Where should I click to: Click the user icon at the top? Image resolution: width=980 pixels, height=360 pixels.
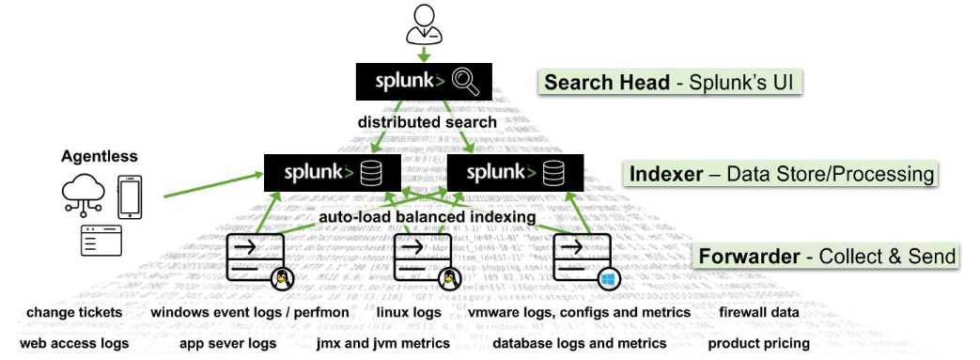tap(422, 24)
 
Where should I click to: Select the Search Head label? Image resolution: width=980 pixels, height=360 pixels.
tap(669, 83)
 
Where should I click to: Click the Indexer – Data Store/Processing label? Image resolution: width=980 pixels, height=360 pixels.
tap(780, 173)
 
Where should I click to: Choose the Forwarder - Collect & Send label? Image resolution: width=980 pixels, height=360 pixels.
tap(826, 256)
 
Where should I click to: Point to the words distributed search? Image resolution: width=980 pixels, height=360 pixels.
tap(428, 122)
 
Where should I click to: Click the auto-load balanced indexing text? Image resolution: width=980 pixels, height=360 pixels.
tap(427, 217)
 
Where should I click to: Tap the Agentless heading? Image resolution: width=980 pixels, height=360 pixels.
tap(100, 157)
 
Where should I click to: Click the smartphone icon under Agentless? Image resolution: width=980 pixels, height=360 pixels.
tap(130, 196)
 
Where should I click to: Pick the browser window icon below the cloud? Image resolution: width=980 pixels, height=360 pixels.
tap(101, 241)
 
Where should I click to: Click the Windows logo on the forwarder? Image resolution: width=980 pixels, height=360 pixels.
tap(608, 278)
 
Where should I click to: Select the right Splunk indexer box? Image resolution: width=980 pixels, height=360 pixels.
tap(515, 174)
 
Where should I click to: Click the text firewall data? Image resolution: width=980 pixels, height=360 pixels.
tap(758, 312)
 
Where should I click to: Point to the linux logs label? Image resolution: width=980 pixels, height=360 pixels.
tap(409, 312)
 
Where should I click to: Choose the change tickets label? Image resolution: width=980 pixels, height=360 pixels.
tap(74, 312)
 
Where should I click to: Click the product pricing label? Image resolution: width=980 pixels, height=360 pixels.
tap(758, 344)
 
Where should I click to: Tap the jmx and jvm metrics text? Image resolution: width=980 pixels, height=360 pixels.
tap(387, 344)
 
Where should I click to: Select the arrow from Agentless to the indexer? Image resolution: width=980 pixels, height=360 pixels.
tap(210, 185)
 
